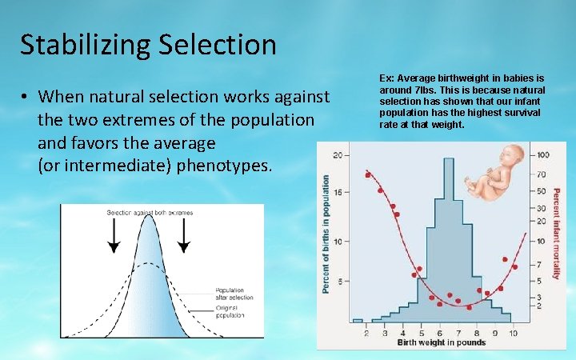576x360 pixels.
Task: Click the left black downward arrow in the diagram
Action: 114,235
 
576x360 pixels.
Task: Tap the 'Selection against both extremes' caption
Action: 149,212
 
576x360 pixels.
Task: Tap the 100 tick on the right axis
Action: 542,154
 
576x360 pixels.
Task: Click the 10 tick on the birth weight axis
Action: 513,332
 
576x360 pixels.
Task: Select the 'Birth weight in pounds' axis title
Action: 441,342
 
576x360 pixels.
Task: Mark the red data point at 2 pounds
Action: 368,174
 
